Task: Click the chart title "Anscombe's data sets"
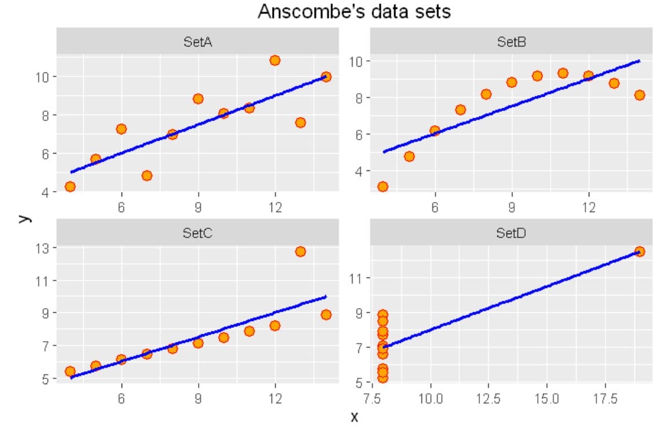pos(354,12)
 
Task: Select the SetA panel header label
pos(197,41)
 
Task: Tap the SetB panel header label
pos(511,41)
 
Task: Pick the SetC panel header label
pos(197,233)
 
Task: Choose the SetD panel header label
pos(511,233)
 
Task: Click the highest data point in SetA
pos(275,60)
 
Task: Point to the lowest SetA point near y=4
pos(70,186)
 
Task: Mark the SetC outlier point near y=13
pos(300,251)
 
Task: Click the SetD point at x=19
pos(640,251)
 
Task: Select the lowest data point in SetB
pos(383,187)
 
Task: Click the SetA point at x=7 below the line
pos(147,176)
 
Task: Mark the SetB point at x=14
pos(640,95)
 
